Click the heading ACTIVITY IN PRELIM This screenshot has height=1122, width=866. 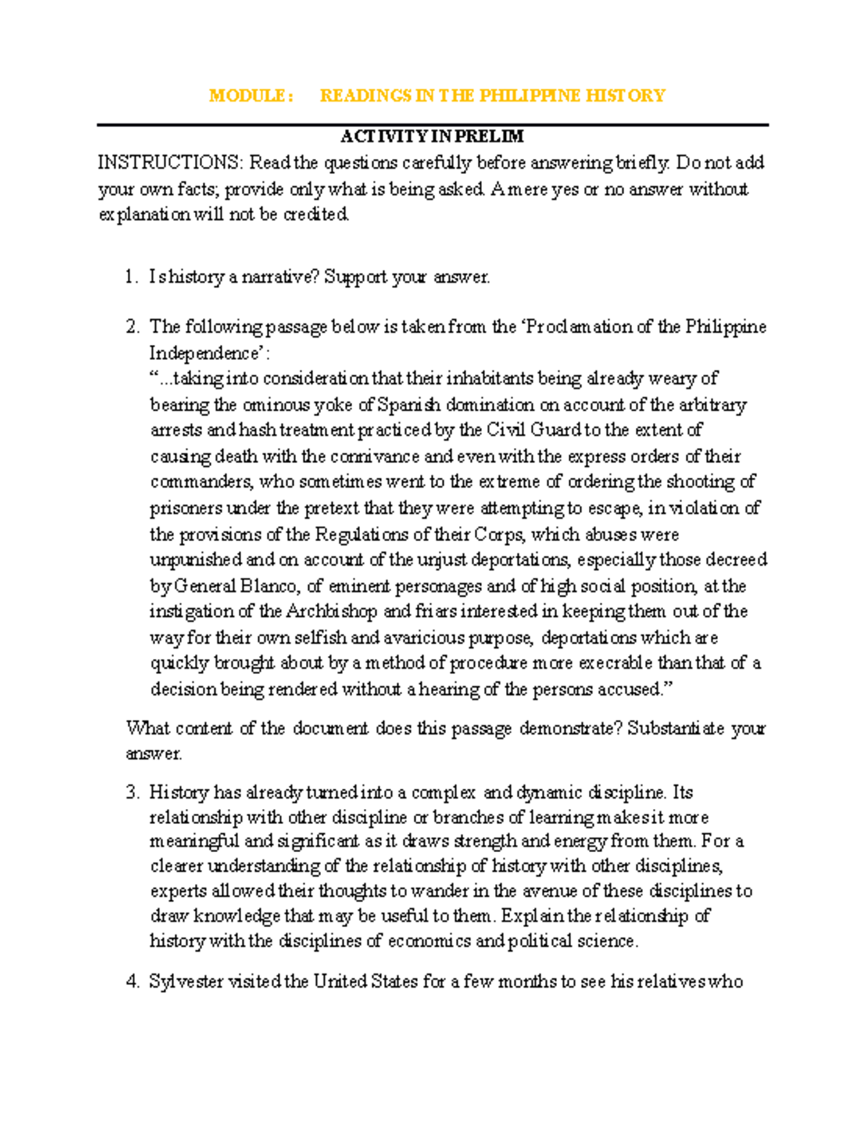click(432, 136)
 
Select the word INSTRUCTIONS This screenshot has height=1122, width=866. click(170, 162)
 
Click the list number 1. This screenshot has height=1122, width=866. click(130, 277)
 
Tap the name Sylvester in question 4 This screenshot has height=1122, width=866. click(186, 981)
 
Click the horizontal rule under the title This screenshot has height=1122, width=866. click(432, 125)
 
